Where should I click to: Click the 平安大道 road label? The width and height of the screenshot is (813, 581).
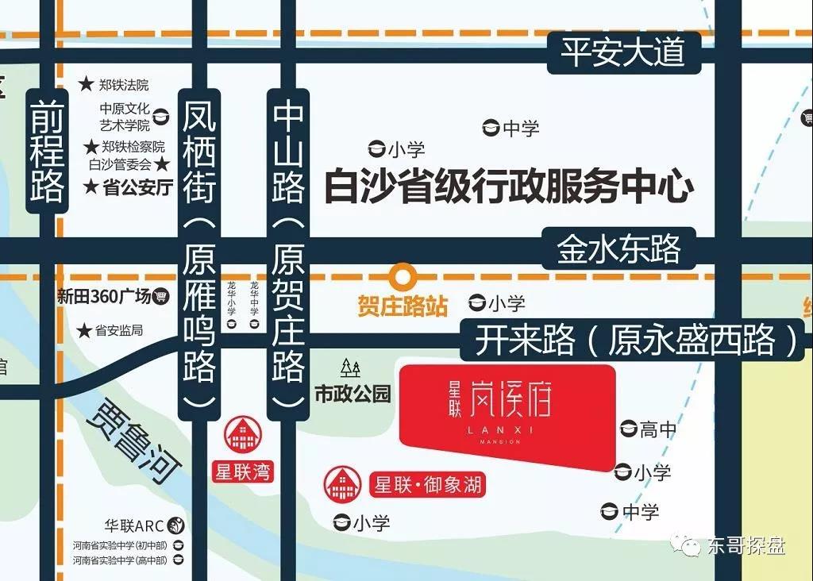pos(622,52)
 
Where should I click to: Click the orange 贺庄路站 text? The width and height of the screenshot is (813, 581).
pos(403,306)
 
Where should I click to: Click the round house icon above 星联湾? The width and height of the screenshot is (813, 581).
pos(241,435)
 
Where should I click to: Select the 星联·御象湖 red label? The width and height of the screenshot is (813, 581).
pos(427,484)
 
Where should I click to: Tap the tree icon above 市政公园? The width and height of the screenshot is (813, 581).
pos(351,368)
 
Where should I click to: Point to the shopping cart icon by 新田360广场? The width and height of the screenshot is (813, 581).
pos(162,296)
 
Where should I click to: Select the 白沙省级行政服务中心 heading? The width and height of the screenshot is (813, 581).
pos(508,187)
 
